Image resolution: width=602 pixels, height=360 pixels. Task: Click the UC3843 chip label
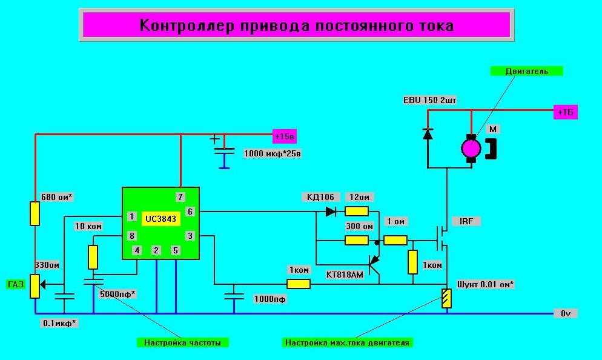160,219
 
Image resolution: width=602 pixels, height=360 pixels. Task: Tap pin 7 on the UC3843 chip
180,197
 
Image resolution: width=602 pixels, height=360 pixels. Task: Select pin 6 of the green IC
190,212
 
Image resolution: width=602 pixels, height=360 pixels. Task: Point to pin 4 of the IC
137,250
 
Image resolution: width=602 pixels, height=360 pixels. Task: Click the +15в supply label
285,136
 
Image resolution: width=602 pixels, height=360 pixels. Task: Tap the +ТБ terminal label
566,112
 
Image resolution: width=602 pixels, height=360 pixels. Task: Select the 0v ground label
565,313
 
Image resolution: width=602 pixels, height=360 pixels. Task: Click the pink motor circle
471,148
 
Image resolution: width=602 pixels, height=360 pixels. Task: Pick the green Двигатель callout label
526,71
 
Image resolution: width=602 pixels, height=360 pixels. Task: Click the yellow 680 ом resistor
35,213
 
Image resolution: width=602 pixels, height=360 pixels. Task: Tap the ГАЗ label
15,285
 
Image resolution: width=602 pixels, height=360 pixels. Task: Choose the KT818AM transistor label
345,275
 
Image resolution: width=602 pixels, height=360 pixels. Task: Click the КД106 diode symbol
331,212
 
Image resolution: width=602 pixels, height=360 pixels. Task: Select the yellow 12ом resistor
357,212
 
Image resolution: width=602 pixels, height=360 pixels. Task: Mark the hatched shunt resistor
446,299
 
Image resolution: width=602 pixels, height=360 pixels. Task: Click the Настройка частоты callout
182,342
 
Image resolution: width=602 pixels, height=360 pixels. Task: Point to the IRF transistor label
466,221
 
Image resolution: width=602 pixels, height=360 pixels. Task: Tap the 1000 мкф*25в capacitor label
272,154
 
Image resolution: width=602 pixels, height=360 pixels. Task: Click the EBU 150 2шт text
429,100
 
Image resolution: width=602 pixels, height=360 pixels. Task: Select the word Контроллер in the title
187,25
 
